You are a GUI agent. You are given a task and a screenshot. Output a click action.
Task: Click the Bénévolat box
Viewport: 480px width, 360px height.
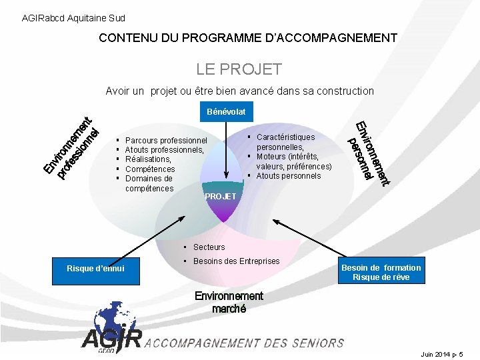click(x=226, y=111)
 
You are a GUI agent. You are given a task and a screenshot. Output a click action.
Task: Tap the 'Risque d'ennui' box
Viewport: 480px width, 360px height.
click(x=95, y=268)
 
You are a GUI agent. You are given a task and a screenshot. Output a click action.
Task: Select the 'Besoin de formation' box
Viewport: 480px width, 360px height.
click(x=381, y=272)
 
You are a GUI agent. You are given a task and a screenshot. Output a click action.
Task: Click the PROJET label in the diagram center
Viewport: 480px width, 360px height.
click(x=220, y=197)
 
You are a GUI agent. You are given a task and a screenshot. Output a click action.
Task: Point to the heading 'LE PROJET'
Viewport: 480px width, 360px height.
click(x=239, y=69)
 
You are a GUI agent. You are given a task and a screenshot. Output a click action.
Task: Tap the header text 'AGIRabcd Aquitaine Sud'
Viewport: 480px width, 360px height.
click(x=73, y=18)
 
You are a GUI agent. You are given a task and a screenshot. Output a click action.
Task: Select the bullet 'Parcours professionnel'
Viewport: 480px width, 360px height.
click(x=166, y=141)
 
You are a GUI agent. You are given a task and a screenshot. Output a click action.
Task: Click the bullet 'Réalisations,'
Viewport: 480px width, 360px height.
click(x=148, y=159)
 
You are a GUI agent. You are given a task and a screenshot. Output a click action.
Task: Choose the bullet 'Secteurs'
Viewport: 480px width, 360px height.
click(x=209, y=247)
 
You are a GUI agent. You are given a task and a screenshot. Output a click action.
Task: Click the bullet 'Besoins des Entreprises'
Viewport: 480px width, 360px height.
click(x=236, y=261)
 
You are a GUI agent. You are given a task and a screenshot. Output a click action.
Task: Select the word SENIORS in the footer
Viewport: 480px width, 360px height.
click(x=317, y=343)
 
